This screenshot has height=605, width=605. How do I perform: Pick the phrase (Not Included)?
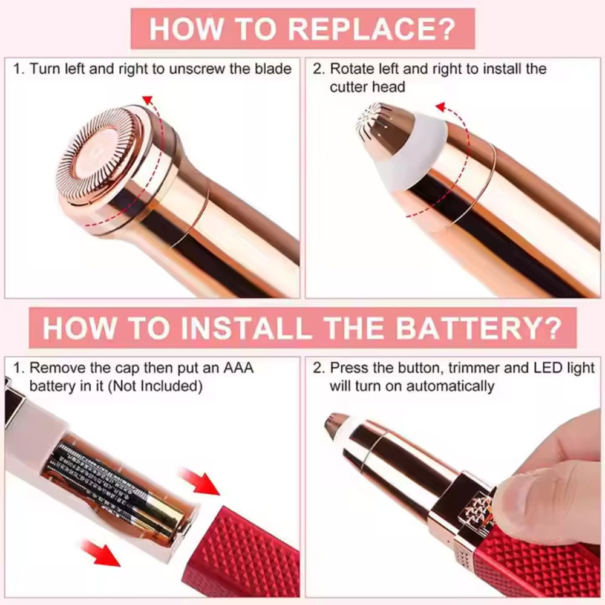[155, 386]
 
